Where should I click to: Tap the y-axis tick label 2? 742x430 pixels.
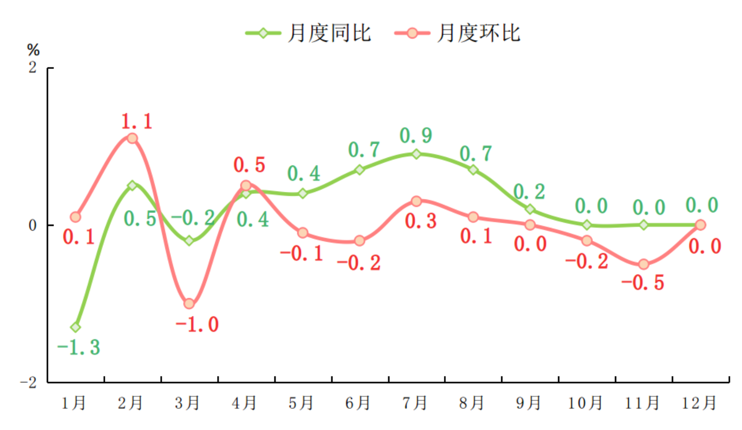point(32,68)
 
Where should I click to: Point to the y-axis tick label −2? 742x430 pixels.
point(29,382)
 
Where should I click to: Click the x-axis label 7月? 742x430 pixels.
point(415,403)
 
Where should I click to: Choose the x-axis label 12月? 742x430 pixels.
point(699,403)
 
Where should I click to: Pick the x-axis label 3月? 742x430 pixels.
point(187,403)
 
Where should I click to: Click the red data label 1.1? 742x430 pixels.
point(136,122)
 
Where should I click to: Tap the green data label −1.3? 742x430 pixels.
point(78,348)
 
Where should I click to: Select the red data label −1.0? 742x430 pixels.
point(197,324)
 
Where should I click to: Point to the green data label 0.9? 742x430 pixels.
point(416,136)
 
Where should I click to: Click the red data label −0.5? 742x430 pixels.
point(643,283)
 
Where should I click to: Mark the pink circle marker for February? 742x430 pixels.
point(132,138)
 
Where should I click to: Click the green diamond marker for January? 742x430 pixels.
point(75,328)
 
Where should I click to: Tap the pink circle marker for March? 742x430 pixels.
point(189,304)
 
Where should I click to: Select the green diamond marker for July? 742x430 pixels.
point(416,154)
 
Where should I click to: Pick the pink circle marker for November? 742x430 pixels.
point(644,265)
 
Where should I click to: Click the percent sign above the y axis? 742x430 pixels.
point(33,49)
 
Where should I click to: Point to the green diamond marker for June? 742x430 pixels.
point(360,170)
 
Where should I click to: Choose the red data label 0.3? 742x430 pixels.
point(421,221)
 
